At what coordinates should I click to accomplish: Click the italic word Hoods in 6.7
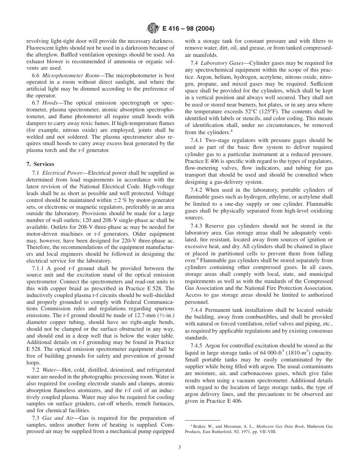[x=50, y=103]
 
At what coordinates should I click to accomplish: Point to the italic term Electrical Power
[x=61, y=173]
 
